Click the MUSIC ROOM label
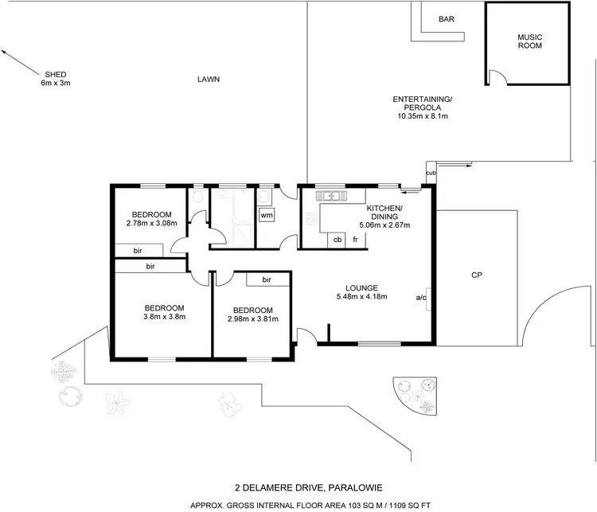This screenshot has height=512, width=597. pos(529,41)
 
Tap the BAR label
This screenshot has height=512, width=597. pos(447,19)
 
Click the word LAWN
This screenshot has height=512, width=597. pos(209,79)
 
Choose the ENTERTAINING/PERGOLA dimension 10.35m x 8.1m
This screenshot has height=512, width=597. pos(423,116)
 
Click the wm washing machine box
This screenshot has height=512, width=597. pos(267,215)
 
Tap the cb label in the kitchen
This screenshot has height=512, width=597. pos(338,239)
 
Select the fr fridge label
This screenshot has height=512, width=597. pos(355,239)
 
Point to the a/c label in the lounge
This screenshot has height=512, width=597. pos(421,298)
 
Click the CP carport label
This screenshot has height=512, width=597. pos(477,276)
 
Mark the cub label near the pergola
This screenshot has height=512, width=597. pos(431,173)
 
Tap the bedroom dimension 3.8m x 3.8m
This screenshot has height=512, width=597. pos(164,317)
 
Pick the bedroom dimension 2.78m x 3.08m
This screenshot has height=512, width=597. pos(151,224)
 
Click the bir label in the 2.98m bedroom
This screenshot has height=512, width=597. pos(267,279)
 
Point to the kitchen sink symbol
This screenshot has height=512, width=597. pos(329,195)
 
